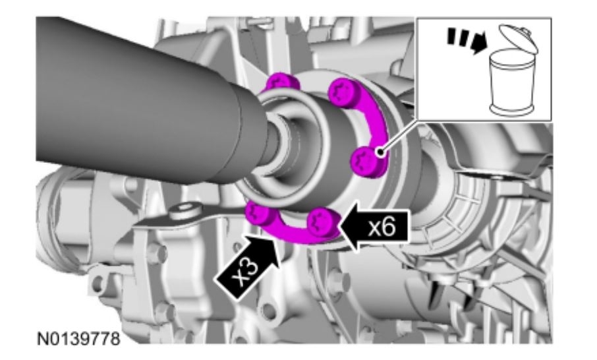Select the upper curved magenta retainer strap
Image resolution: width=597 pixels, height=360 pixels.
coord(375,122)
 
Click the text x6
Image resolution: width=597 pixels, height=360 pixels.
coord(382,228)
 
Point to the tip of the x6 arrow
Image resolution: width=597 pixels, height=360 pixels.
coord(338,226)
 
